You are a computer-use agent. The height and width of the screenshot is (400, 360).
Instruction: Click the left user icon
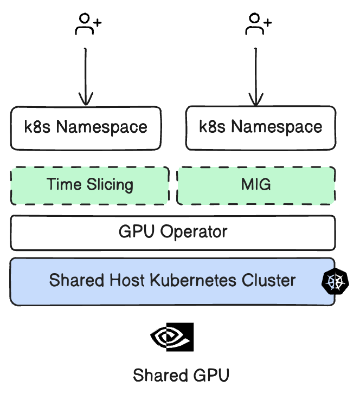click(87, 24)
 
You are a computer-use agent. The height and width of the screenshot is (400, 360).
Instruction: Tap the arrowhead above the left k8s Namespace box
click(86, 99)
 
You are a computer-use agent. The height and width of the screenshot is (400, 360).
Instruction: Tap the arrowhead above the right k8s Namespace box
click(256, 99)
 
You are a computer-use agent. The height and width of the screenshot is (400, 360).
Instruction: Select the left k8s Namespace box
click(86, 128)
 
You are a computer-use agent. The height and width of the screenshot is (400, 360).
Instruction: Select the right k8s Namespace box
click(261, 128)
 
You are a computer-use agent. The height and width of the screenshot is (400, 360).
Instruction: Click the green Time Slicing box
click(89, 185)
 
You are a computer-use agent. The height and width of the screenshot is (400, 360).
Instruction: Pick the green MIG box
click(256, 185)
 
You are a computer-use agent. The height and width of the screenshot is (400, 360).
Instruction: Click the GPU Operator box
click(172, 233)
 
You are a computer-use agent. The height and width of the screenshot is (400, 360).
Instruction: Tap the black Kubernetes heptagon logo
click(335, 281)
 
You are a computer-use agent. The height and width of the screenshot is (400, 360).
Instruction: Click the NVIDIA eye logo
click(172, 337)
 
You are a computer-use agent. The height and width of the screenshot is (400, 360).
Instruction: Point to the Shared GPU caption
click(181, 376)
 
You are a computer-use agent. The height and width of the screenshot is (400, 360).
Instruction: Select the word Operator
click(194, 233)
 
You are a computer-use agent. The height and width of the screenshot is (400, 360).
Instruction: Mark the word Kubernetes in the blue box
click(195, 281)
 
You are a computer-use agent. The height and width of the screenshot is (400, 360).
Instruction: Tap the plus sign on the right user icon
click(267, 23)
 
